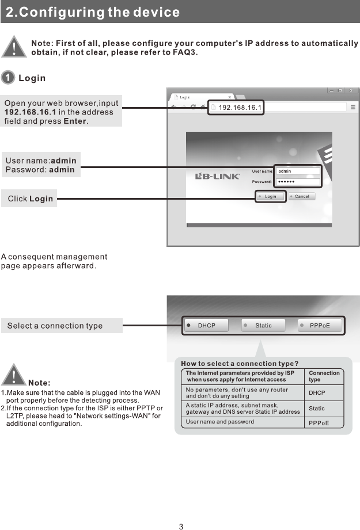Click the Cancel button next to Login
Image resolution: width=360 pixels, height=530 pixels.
click(301, 196)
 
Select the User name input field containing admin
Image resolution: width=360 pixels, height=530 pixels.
click(298, 171)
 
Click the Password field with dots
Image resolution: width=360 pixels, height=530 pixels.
click(298, 181)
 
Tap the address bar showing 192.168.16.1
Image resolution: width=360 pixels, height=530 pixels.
click(236, 107)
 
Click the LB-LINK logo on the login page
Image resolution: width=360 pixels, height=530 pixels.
click(218, 176)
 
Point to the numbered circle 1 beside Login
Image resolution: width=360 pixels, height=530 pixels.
click(8, 78)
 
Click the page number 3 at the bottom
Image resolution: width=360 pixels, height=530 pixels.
click(180, 526)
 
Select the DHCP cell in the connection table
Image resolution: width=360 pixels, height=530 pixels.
click(317, 393)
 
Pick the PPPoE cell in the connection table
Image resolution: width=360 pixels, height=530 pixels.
click(319, 423)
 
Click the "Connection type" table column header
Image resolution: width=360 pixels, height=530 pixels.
click(324, 376)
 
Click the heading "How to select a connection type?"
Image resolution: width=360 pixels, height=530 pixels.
click(239, 364)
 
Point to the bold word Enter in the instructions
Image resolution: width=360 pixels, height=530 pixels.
click(74, 121)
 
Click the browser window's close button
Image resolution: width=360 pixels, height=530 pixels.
click(352, 91)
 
